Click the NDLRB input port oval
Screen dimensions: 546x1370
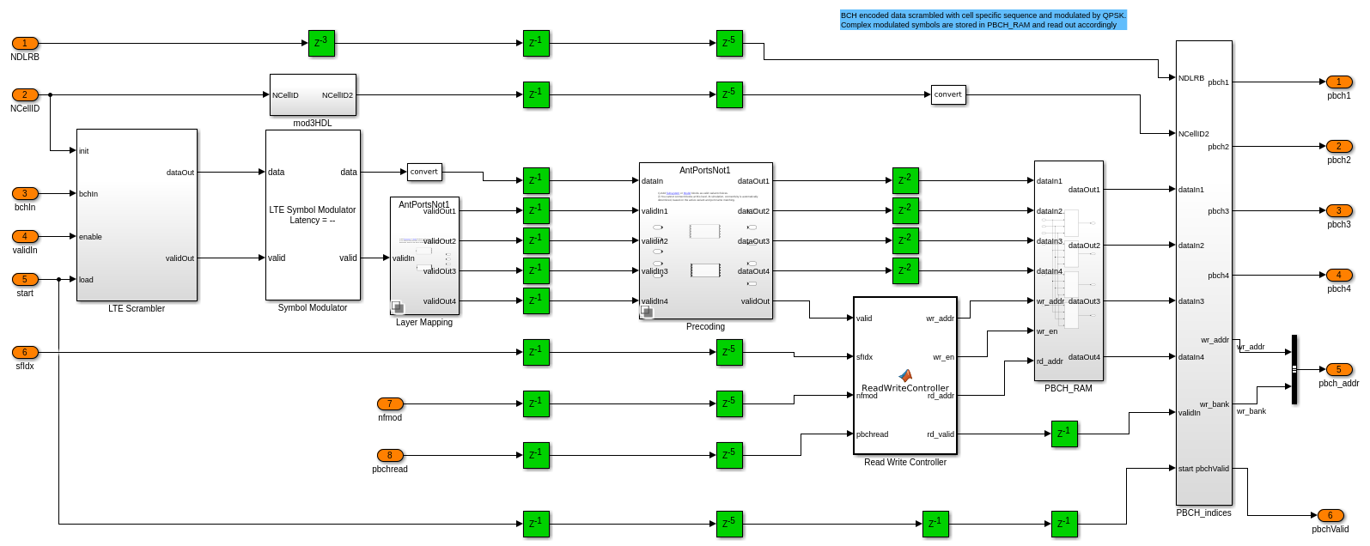pos(25,43)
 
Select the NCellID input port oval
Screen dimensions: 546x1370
pos(25,94)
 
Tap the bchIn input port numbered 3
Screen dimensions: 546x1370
pos(25,193)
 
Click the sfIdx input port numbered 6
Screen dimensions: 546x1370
pos(25,352)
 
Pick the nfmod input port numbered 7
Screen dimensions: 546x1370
pos(390,403)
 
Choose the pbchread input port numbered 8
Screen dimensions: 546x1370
pos(390,455)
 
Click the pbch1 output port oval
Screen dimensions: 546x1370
pos(1339,82)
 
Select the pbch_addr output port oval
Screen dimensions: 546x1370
pos(1339,369)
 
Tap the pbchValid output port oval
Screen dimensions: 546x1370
pos(1330,515)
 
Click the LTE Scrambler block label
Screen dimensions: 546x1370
pos(137,308)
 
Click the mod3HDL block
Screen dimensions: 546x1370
pos(313,94)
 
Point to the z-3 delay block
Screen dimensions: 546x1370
pos(321,43)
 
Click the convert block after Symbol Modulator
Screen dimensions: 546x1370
pos(424,172)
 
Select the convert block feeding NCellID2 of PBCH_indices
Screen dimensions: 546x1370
pos(948,94)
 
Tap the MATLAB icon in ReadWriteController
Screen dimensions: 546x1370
pos(905,375)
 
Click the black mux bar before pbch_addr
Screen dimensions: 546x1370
pos(1294,369)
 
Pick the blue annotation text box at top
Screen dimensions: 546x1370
pos(983,21)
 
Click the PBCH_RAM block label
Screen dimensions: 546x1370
pos(1069,388)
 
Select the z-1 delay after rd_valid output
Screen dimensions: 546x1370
pos(1064,434)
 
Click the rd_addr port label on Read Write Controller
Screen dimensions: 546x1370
pos(941,396)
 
